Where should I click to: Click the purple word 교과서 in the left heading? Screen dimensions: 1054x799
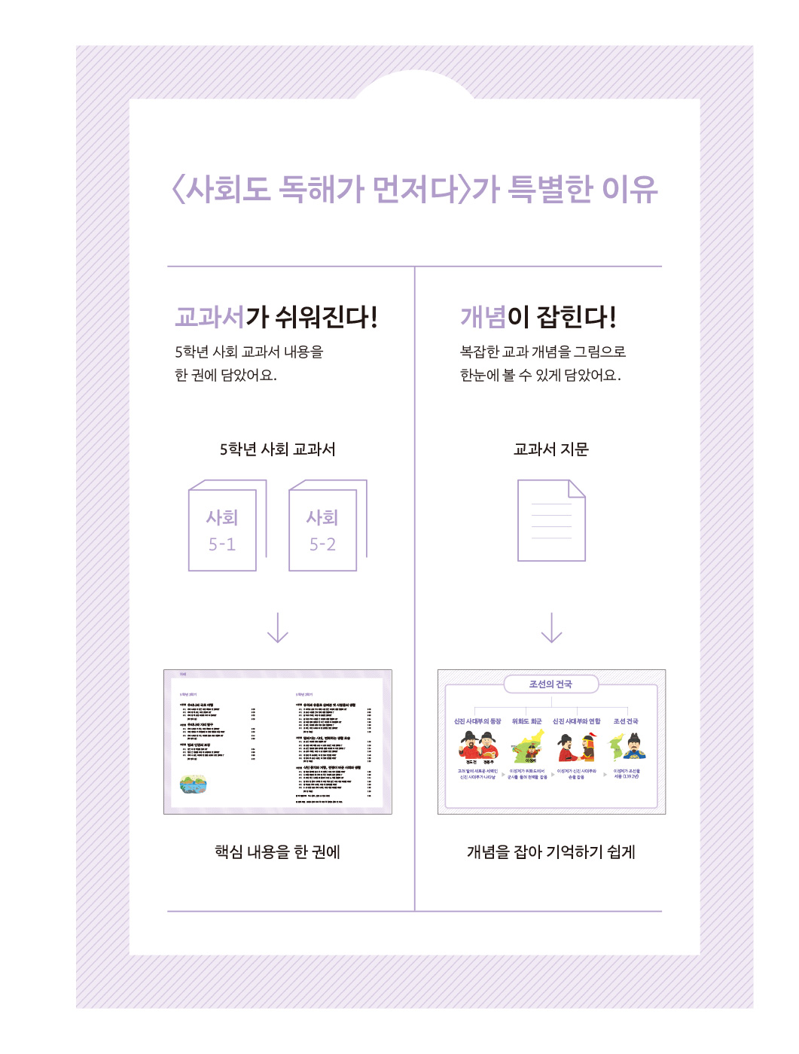[x=210, y=317]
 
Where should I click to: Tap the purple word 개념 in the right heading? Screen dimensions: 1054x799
[x=483, y=317]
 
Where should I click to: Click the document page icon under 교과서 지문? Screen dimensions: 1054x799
[x=551, y=520]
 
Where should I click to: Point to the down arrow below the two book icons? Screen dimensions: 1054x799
[x=278, y=627]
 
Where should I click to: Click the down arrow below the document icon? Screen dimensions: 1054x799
[x=552, y=627]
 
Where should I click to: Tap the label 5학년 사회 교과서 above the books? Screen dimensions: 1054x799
[x=278, y=449]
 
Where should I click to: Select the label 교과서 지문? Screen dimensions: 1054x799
[x=551, y=449]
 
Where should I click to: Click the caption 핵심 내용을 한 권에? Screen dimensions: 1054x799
[x=278, y=851]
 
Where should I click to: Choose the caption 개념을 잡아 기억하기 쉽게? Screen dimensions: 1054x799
[x=551, y=851]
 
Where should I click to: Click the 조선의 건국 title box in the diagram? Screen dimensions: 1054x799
[x=550, y=684]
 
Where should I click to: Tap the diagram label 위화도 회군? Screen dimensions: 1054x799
[x=526, y=721]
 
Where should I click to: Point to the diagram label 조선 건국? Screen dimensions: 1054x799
[x=625, y=721]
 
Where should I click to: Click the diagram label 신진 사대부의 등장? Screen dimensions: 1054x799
[x=477, y=721]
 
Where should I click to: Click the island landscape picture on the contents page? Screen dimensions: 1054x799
[x=193, y=784]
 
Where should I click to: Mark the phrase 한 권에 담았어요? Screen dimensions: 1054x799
[x=226, y=375]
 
